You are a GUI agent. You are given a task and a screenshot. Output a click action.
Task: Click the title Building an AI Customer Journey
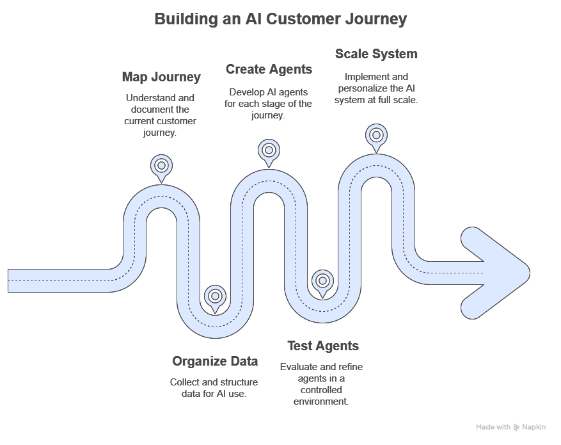pos(280,19)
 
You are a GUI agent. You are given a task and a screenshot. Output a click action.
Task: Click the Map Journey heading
pos(161,77)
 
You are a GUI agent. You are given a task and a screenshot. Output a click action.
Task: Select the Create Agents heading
pos(269,69)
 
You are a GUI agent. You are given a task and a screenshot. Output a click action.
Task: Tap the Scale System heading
pos(376,54)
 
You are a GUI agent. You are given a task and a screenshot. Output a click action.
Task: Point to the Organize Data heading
pos(215,362)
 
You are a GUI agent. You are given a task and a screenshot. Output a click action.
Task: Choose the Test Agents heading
pos(322,346)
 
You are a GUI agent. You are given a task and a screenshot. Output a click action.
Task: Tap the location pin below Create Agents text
pos(269,150)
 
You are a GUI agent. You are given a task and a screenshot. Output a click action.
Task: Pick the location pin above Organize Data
pos(215,296)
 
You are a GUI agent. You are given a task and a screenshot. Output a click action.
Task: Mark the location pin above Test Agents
pos(322,281)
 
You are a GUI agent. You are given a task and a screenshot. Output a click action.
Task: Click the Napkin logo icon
pos(516,427)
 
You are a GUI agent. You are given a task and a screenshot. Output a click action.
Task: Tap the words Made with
pos(493,427)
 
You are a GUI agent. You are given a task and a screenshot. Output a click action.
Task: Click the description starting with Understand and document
pos(161,116)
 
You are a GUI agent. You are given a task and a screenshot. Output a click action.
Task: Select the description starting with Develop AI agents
pos(269,104)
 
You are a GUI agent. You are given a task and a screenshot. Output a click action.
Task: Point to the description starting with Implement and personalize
pos(376,88)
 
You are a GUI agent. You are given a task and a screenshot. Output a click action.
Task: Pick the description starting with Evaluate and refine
pos(322,384)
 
